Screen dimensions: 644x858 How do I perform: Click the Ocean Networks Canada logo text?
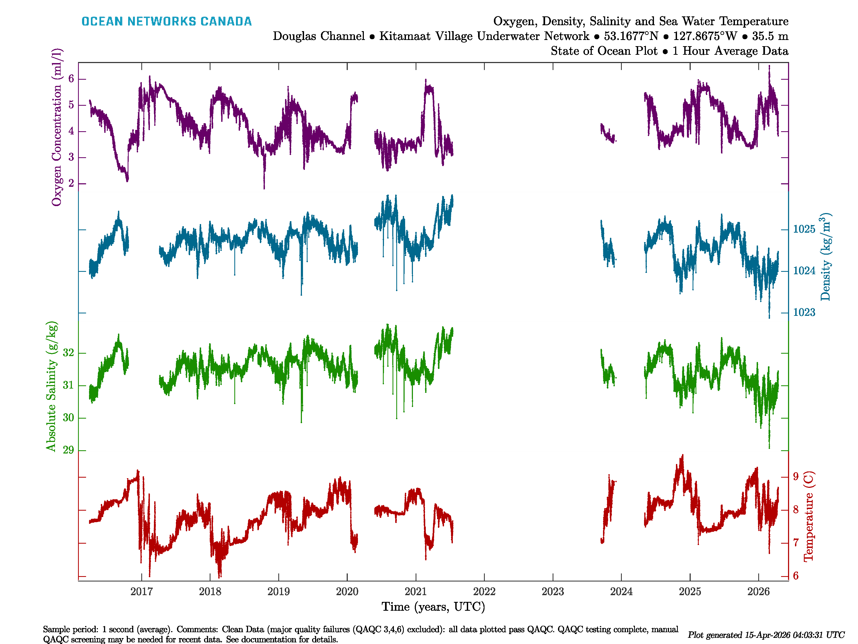(167, 21)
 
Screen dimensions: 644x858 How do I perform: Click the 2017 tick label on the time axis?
(142, 592)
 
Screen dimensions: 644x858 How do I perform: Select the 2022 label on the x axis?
(484, 592)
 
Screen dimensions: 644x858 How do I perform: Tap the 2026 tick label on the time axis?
(758, 592)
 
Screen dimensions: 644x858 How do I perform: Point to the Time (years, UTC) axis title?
(433, 607)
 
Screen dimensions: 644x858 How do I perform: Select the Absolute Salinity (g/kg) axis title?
(51, 386)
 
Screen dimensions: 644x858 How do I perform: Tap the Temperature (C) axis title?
(808, 516)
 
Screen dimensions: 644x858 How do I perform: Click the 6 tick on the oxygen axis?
(71, 79)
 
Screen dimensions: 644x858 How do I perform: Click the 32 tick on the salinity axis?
(68, 353)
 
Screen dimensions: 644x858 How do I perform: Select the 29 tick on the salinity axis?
(68, 450)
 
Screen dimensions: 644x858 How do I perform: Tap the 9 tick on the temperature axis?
(796, 476)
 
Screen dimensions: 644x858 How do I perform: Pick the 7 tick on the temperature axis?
(796, 543)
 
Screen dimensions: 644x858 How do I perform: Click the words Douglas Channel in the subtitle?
(319, 36)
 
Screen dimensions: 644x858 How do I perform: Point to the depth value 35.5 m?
(770, 36)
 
